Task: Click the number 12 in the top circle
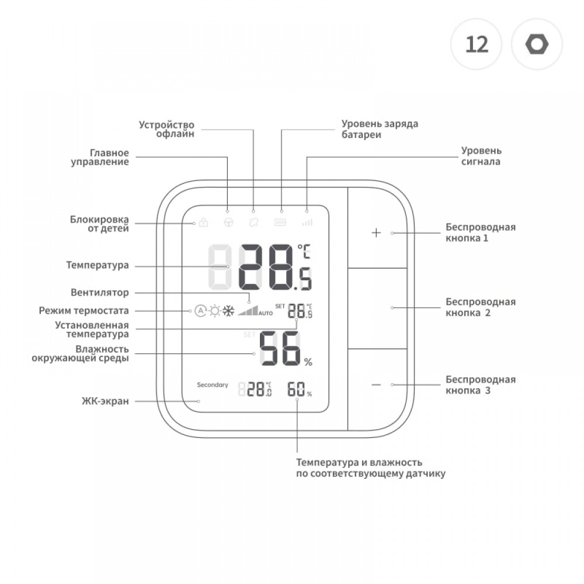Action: click(477, 44)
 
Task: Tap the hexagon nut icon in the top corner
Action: click(537, 44)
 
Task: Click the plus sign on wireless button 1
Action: click(376, 232)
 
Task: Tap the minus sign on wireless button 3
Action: click(376, 384)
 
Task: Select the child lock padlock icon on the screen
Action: click(203, 223)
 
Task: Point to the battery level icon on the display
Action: click(281, 223)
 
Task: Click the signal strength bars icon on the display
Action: click(307, 223)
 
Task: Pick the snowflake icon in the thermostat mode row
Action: click(228, 311)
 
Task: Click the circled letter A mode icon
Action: click(200, 311)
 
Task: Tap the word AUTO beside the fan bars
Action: click(266, 314)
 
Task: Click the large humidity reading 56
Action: click(280, 349)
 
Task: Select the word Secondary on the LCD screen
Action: click(213, 385)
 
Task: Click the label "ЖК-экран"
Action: click(105, 401)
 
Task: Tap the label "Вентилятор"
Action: click(99, 292)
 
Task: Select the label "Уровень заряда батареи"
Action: click(380, 129)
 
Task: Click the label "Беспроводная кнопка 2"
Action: click(480, 307)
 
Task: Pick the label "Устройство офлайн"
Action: click(166, 129)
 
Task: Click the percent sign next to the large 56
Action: click(308, 363)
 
